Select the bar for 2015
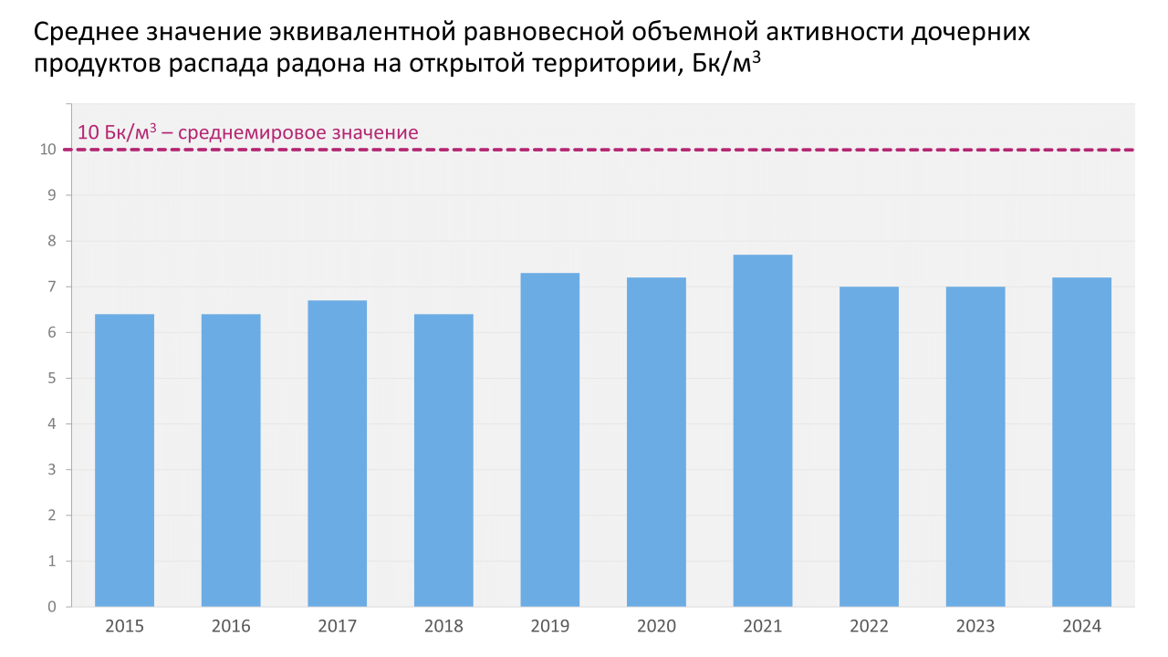(124, 460)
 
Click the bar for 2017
(337, 454)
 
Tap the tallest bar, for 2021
(762, 431)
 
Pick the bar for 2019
(549, 440)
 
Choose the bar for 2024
(1081, 442)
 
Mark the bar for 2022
(869, 446)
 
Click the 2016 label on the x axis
(231, 627)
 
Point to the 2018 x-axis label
(443, 627)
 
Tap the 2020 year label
(656, 627)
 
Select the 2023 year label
(975, 627)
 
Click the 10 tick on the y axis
(47, 150)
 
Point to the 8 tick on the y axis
(52, 241)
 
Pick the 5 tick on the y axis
(52, 378)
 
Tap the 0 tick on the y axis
(52, 607)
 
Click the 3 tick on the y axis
(52, 470)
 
